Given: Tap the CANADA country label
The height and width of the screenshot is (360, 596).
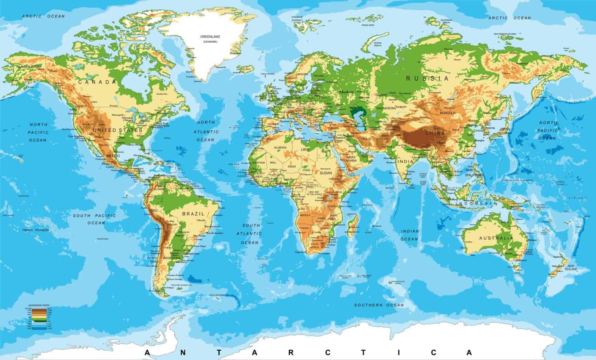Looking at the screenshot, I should [x=97, y=82].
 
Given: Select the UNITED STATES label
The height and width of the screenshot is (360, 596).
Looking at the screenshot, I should [x=118, y=130].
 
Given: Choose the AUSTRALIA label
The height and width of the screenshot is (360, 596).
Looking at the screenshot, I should [x=496, y=238].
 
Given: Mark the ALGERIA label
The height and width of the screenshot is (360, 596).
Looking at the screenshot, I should [x=280, y=148].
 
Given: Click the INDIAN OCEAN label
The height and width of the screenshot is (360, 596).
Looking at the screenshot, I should [x=410, y=235].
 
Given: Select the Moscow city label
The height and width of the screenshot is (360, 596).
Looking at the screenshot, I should [x=347, y=92].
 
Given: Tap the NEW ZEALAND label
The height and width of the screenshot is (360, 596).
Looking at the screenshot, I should [x=571, y=267].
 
